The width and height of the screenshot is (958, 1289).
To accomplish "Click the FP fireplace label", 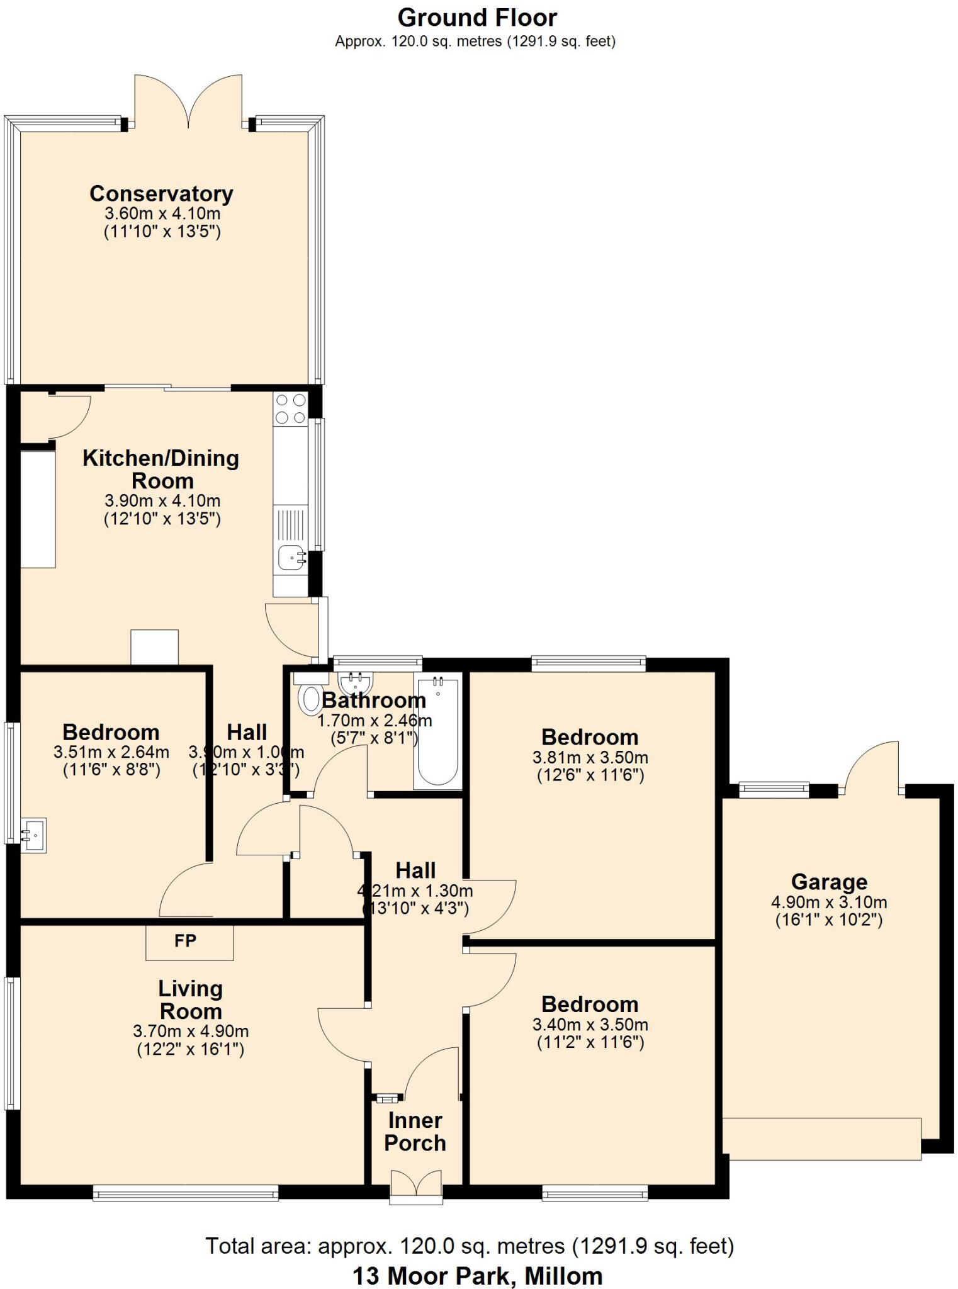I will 186,941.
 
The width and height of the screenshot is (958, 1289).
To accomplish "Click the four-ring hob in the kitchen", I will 291,408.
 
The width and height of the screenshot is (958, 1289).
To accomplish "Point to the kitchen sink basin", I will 291,557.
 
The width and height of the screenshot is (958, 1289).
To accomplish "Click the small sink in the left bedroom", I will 33,835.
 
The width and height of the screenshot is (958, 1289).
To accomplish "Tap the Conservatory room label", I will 161,193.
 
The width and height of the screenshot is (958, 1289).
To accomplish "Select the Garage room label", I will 829,881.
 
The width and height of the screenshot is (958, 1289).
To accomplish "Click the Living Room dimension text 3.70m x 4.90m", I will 191,1031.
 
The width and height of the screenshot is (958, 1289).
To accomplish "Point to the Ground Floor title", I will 477,18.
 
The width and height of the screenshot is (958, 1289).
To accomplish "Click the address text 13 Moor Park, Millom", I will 477,1276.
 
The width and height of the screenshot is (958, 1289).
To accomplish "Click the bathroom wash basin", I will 356,682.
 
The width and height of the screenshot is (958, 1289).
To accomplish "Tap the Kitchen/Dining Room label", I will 161,469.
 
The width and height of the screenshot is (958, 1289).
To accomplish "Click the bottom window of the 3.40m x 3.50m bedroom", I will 595,1192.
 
